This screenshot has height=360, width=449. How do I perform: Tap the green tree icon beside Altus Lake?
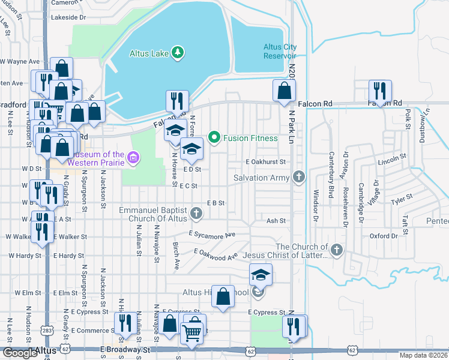(177, 53)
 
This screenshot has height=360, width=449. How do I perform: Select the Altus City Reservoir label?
(280, 52)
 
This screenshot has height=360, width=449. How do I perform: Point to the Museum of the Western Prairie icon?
(133, 158)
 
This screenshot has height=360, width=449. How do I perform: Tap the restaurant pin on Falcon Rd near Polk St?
(379, 91)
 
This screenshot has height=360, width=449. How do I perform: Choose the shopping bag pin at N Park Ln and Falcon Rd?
(285, 91)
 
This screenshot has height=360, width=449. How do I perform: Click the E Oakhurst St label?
(265, 162)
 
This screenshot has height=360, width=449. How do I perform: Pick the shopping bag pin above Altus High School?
(223, 296)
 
